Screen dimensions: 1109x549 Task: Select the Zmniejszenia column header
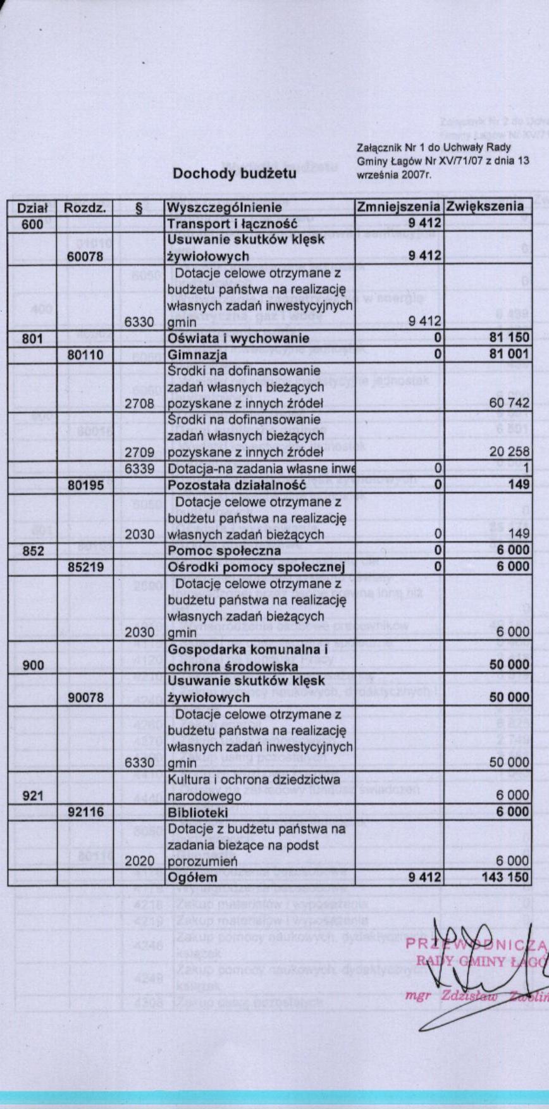coord(398,207)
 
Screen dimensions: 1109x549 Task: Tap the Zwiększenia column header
coord(485,207)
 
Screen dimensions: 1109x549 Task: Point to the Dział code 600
coord(33,224)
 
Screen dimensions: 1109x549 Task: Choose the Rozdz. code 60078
coord(85,256)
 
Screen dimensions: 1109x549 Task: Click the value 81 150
coord(509,338)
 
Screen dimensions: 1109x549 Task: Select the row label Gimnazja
coord(197,355)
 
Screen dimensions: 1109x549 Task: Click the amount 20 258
coord(509,452)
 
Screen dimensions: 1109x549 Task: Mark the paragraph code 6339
coord(139,469)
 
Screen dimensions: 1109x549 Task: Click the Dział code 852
coord(33,550)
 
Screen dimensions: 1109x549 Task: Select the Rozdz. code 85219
coord(85,567)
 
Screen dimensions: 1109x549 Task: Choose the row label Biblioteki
coord(197,812)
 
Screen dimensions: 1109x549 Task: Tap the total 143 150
coord(504,877)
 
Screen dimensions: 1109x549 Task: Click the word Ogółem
coord(192,877)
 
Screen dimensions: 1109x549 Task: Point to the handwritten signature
coord(468,968)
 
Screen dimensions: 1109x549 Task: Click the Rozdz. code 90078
coord(85,698)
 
